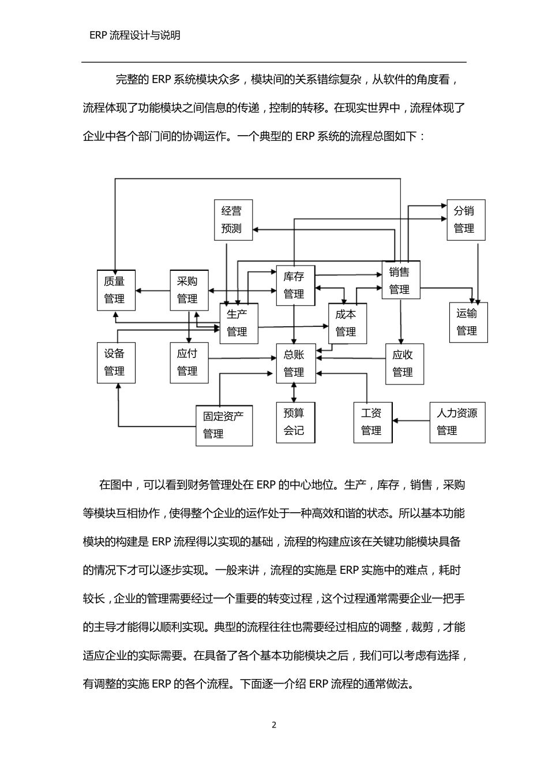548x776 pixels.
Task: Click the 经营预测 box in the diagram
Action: [x=231, y=220]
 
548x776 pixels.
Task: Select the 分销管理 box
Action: [x=466, y=220]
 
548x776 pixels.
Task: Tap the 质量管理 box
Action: [x=115, y=290]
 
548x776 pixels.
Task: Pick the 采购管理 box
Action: [x=189, y=290]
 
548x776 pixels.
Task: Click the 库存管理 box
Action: [x=295, y=286]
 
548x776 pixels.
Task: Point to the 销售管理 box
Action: [x=400, y=281]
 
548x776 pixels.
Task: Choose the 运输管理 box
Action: [x=468, y=322]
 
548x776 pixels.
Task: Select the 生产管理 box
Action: [x=238, y=323]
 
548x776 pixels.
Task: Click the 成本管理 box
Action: [x=347, y=323]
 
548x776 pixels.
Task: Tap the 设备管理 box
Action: [x=115, y=363]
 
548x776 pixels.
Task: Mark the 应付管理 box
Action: [x=189, y=363]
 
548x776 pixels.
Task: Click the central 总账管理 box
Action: [x=295, y=364]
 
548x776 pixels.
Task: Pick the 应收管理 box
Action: [x=404, y=364]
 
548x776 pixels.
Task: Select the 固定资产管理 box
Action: [x=224, y=425]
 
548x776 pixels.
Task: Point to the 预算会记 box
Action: [x=295, y=422]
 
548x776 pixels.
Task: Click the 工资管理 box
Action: [x=372, y=422]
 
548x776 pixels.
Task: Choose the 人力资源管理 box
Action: [x=457, y=422]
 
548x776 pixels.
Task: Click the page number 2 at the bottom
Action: [x=274, y=725]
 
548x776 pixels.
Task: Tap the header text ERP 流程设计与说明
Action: [x=135, y=35]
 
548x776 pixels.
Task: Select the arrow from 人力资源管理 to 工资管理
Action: [x=411, y=420]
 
